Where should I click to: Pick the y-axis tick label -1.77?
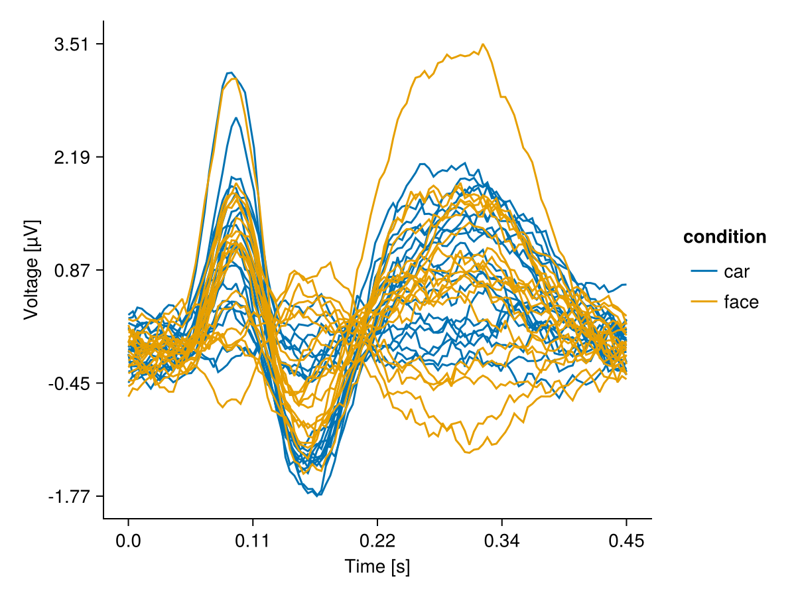pos(70,497)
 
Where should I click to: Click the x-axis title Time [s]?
pos(377,566)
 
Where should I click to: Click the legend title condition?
pos(725,237)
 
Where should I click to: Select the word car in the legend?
pos(737,271)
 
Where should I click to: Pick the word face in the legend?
pos(741,302)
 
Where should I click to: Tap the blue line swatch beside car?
pos(704,271)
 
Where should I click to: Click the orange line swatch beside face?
pos(704,302)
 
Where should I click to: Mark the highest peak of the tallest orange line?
pos(482,44)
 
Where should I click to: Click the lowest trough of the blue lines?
pos(318,496)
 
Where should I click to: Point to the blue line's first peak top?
pos(230,72)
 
